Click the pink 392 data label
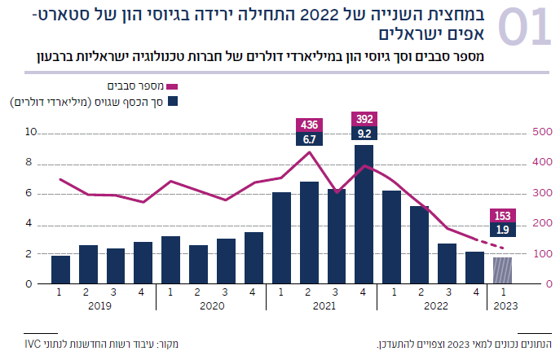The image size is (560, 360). tap(364, 119)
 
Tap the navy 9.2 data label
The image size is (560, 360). tap(364, 133)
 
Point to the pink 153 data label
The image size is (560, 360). tap(503, 216)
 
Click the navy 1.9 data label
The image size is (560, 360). tap(503, 230)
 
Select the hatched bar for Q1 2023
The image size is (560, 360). tap(503, 270)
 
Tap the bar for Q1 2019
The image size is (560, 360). tap(60, 270)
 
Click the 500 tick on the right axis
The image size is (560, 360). tap(542, 132)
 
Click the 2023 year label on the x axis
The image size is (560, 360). tap(503, 307)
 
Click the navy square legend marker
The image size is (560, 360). tap(174, 102)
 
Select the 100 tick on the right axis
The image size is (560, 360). tap(542, 254)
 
